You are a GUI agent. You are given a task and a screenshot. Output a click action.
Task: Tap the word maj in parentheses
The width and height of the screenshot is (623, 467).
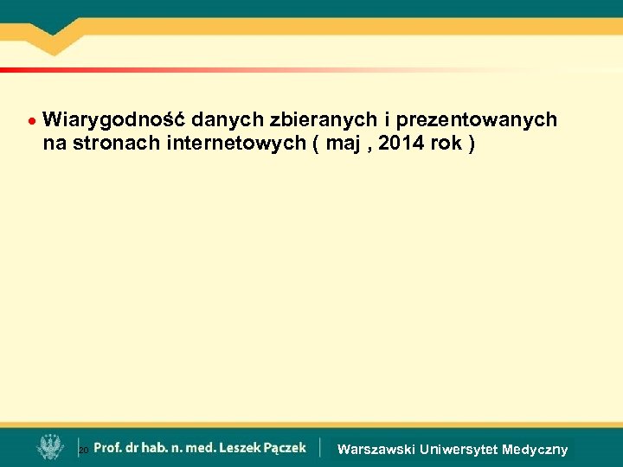[x=341, y=144]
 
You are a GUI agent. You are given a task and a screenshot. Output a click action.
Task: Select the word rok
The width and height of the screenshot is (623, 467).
[x=446, y=144]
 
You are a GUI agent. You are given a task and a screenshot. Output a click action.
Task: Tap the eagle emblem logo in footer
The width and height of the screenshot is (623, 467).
[x=49, y=447]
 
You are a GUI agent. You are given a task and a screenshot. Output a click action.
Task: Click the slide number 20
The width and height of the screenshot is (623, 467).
[x=83, y=451]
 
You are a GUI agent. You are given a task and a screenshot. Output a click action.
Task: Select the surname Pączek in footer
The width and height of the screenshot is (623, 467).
[x=287, y=447]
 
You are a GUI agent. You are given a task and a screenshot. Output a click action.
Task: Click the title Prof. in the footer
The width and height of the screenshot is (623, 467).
[x=108, y=447]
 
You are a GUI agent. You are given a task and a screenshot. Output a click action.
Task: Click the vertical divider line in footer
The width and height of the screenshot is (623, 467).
[x=319, y=447]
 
